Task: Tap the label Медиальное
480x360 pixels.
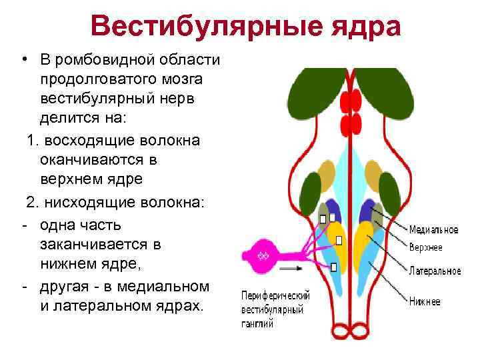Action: (x=433, y=229)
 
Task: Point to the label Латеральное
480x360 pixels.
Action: (x=435, y=271)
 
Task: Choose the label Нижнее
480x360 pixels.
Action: (x=425, y=302)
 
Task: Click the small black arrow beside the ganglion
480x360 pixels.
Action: (x=290, y=268)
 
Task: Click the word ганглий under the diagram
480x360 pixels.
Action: (x=257, y=324)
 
